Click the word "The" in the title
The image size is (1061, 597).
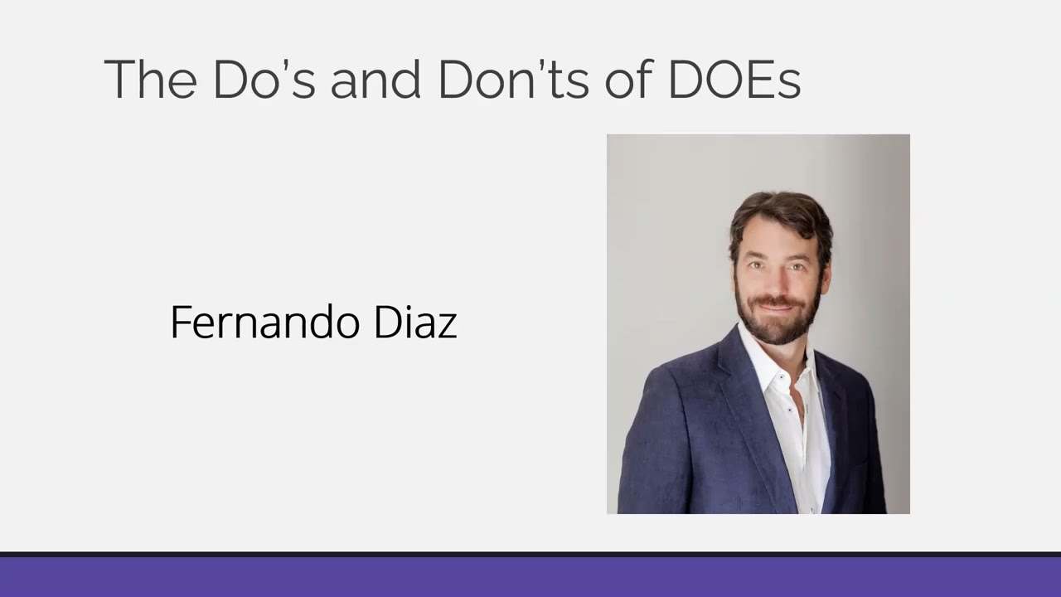coord(150,80)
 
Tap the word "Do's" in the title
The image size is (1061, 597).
coord(264,80)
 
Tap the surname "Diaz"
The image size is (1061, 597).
coord(415,323)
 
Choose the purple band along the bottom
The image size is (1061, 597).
coord(530,577)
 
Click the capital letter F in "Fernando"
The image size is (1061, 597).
coord(179,323)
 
